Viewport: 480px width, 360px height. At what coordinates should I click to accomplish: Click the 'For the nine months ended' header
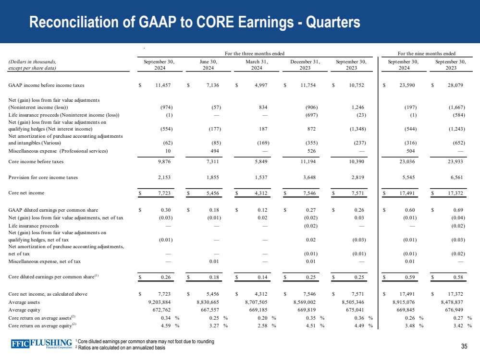tap(427, 53)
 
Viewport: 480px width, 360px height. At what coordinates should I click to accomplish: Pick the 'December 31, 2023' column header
tap(305, 65)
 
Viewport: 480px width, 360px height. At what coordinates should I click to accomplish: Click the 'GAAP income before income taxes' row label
tap(47, 85)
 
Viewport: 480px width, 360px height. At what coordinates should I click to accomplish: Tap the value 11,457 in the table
tap(163, 85)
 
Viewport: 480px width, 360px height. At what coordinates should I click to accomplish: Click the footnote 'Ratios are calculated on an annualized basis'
tap(121, 348)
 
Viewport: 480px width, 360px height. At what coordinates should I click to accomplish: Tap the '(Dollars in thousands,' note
tap(32, 61)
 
